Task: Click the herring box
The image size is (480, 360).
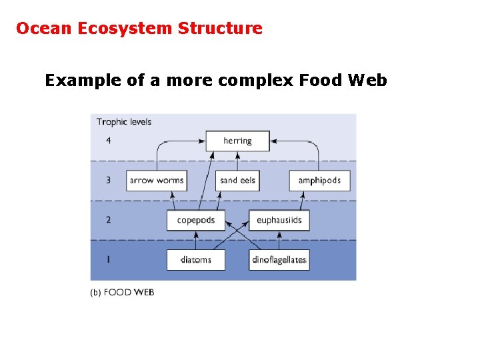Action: pos(237,141)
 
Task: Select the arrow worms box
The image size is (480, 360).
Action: pos(156,180)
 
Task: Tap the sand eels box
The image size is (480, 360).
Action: pos(237,180)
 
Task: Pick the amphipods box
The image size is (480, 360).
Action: pos(319,180)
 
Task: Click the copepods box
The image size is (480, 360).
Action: pos(196,220)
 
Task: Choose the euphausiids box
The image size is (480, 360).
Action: pos(279,220)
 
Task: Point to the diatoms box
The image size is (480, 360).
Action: pos(196,259)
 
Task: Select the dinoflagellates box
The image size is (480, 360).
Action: pos(279,259)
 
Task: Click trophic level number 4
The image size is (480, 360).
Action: pos(109,141)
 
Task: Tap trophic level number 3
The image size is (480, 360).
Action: pos(109,180)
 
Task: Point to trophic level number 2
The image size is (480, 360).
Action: pos(109,220)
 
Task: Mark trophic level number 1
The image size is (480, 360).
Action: pos(109,259)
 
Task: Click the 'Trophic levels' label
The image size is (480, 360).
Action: pos(124,121)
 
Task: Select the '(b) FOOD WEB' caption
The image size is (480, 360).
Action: pos(122,292)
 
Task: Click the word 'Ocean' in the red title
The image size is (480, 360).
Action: pos(41,28)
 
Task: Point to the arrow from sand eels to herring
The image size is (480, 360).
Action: pos(237,161)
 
